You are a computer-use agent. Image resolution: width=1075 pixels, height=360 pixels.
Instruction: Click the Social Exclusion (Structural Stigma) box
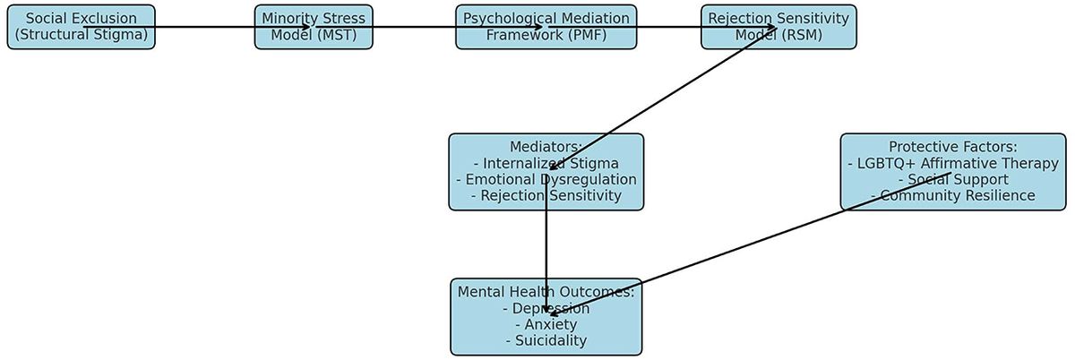coord(81,27)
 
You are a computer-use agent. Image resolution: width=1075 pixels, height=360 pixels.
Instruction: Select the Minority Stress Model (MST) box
coord(314,27)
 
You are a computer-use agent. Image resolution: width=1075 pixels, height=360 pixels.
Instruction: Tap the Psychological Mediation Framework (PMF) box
coord(546,27)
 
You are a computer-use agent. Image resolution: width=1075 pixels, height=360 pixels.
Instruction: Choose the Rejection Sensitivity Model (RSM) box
coord(778,27)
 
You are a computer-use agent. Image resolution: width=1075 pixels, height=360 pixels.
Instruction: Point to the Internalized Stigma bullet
coord(546,163)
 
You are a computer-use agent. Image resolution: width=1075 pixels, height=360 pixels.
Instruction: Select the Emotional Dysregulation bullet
coord(546,179)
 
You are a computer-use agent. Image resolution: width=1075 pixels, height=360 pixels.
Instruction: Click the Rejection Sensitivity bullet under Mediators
coord(546,195)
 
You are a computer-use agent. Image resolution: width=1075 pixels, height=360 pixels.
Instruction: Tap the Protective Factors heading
coord(952,147)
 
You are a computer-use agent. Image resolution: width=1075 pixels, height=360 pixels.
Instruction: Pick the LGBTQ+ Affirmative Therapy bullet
coord(952,163)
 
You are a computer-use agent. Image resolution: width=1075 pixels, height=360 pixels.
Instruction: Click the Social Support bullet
coord(952,179)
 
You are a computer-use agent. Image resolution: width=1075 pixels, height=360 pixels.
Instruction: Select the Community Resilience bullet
coord(952,195)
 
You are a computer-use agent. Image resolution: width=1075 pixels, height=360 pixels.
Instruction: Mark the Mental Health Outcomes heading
coord(546,292)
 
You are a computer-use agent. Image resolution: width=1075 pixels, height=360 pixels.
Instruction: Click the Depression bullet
coord(546,308)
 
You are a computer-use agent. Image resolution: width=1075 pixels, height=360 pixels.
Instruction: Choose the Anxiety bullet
coord(546,324)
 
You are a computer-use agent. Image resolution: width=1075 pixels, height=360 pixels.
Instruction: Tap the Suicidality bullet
coord(546,340)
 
